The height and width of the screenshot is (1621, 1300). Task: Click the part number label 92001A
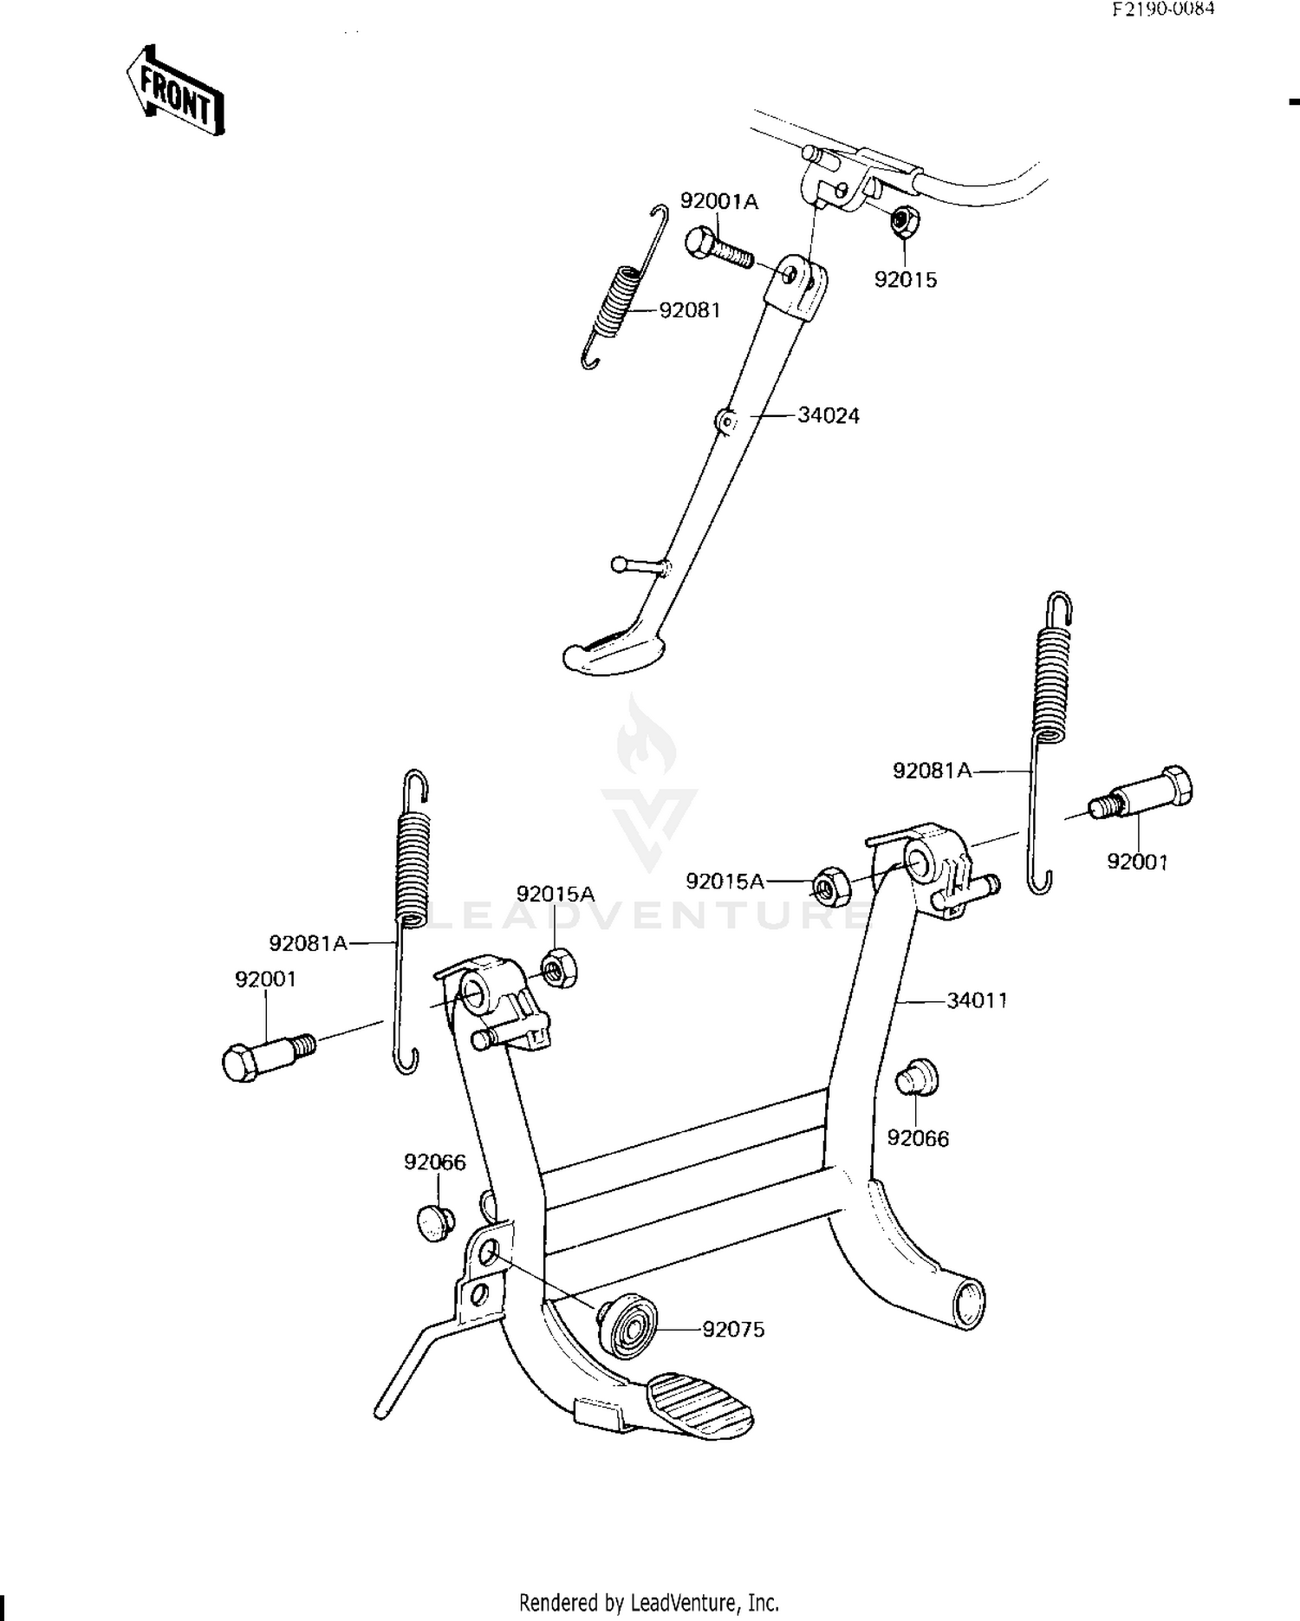click(x=718, y=202)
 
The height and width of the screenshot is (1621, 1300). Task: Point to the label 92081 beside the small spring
click(x=690, y=309)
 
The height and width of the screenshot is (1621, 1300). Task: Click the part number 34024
click(x=829, y=416)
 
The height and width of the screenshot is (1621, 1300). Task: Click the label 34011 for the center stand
click(x=977, y=1000)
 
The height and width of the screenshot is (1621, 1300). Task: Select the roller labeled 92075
click(x=629, y=1328)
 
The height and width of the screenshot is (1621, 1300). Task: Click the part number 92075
click(x=733, y=1329)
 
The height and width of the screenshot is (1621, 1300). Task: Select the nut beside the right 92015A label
click(x=831, y=886)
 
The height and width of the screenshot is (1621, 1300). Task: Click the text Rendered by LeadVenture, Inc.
click(x=648, y=1602)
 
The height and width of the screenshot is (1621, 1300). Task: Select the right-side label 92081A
click(x=933, y=770)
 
